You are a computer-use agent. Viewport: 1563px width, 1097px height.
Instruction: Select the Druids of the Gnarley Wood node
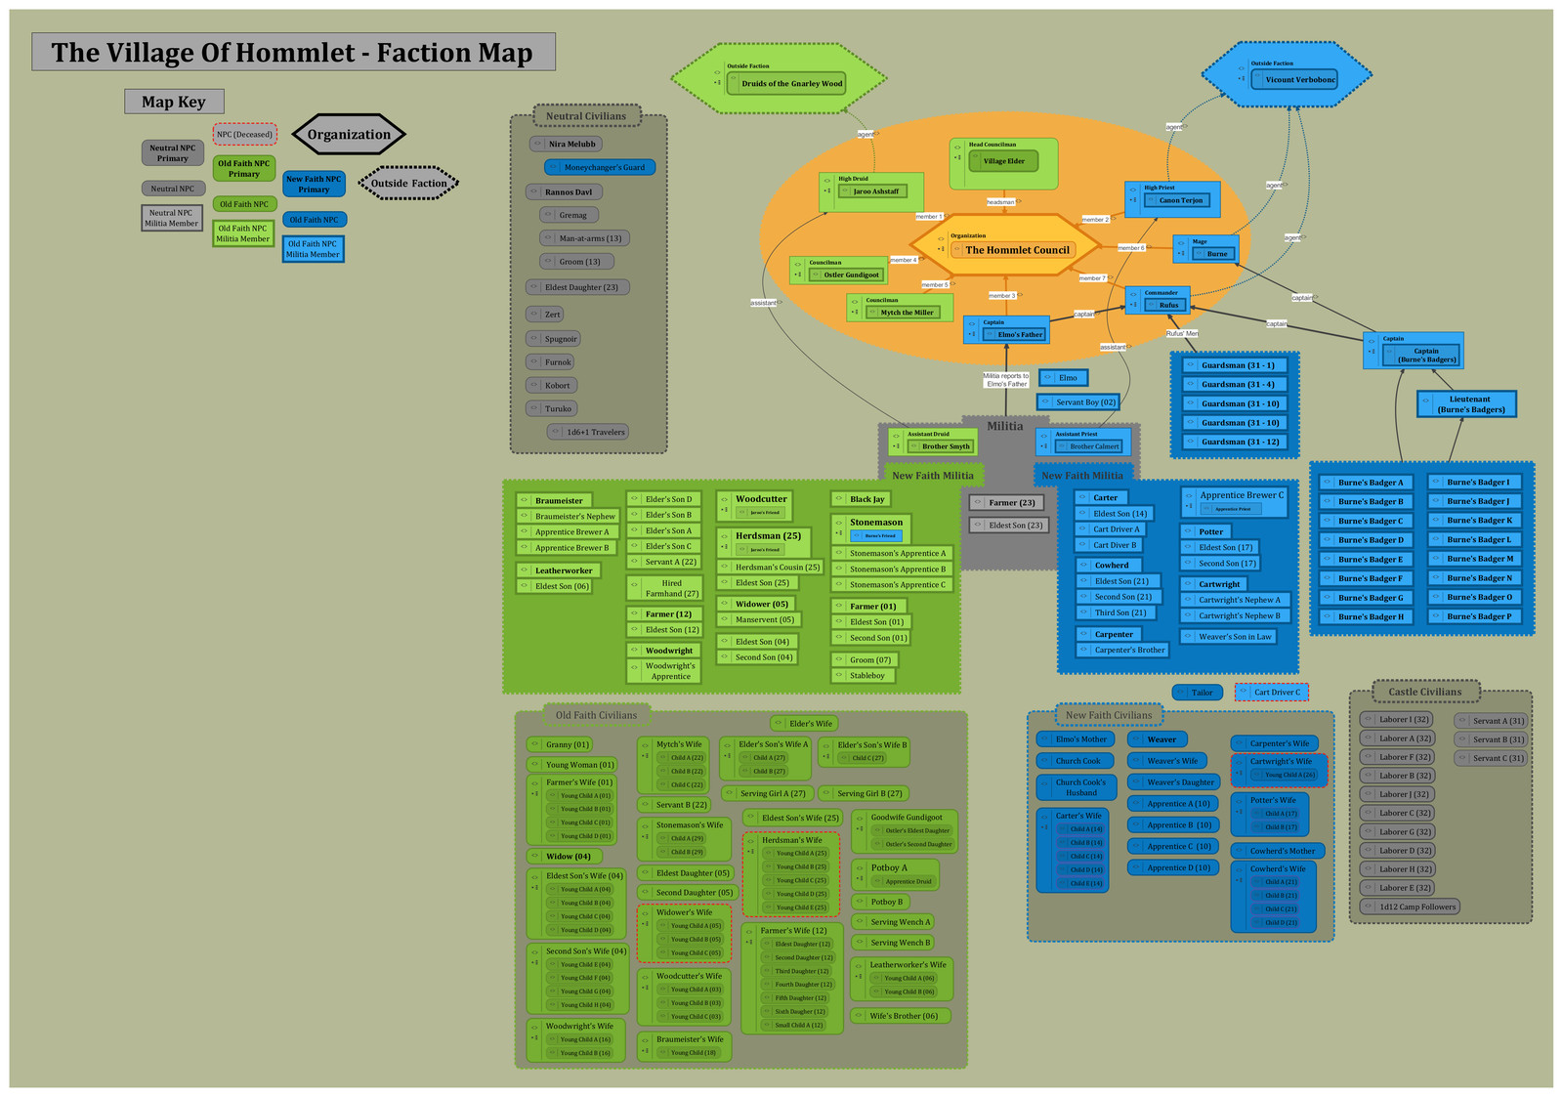(x=790, y=83)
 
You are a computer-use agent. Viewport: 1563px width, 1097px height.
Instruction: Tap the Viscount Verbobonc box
(x=1299, y=79)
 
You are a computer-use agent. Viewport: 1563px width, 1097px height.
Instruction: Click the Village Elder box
(x=1003, y=161)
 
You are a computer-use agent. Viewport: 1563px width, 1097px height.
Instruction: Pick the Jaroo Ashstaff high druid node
(x=875, y=191)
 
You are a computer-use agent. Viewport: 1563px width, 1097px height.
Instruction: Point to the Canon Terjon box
(x=1180, y=200)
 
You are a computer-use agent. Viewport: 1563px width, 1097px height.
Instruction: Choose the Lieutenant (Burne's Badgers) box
(x=1468, y=404)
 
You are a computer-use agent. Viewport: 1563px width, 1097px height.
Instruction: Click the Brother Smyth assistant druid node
(x=945, y=446)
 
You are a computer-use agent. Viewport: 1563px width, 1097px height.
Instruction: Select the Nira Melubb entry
(x=570, y=144)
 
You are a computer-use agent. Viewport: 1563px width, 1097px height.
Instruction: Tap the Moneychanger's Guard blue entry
(x=602, y=167)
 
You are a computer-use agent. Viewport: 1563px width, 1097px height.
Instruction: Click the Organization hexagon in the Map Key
(x=348, y=135)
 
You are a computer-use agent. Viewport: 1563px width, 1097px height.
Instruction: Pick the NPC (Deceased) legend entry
(x=244, y=135)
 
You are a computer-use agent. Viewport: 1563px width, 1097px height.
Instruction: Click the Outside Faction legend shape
(x=407, y=183)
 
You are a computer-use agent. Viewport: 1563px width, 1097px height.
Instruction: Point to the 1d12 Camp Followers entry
(x=1416, y=907)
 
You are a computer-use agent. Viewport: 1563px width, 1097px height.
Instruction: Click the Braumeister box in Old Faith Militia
(x=558, y=500)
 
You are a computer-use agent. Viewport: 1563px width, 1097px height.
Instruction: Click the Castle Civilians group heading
(x=1424, y=692)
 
